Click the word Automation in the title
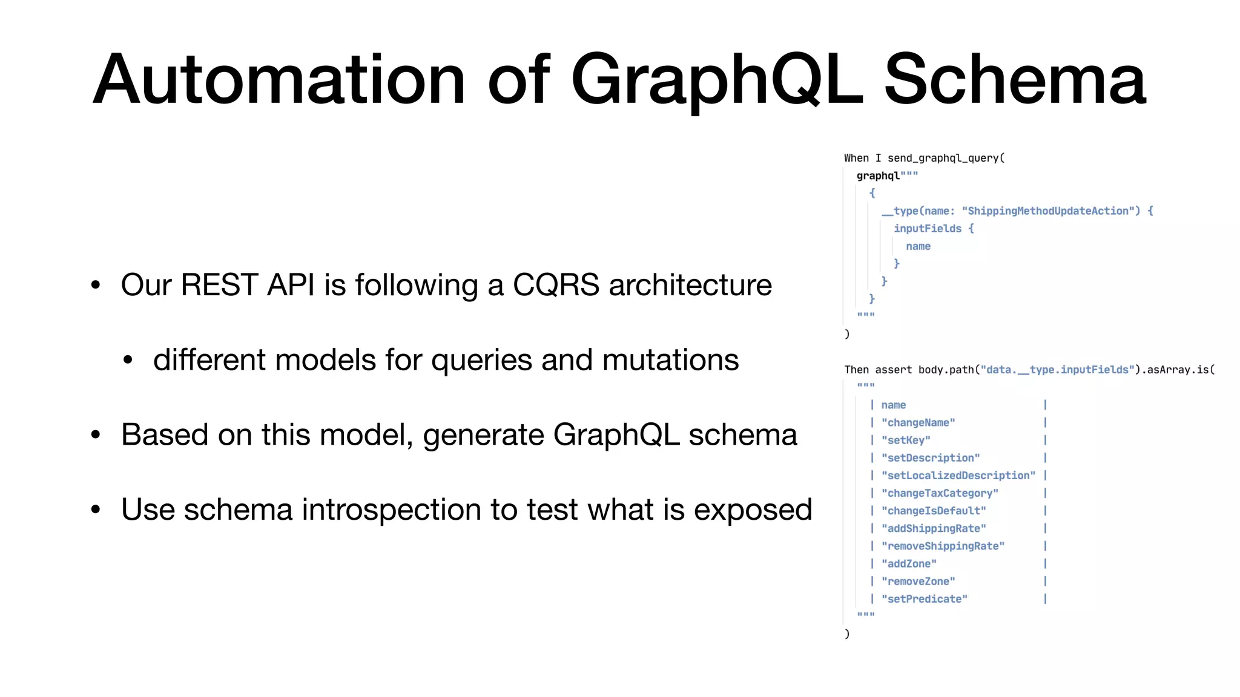[279, 80]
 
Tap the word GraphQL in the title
[716, 80]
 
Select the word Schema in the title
[1015, 80]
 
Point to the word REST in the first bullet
[219, 285]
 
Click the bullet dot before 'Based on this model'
[96, 435]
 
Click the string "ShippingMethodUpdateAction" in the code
[1051, 211]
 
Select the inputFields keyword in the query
[927, 228]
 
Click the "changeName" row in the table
[918, 422]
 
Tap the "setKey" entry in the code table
[906, 440]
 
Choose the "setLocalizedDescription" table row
[958, 476]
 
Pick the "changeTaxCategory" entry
[940, 493]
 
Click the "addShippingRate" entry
[934, 528]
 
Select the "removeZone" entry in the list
[918, 581]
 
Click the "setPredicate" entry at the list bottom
[924, 598]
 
